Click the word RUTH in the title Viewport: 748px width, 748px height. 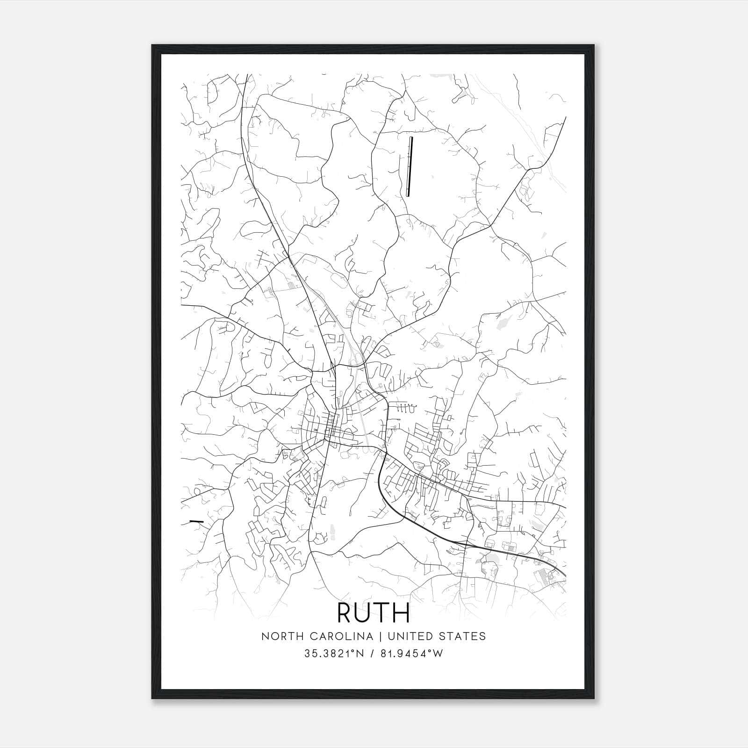(373, 613)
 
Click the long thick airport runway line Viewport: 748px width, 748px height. (410, 166)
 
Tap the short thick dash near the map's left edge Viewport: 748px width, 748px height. (197, 521)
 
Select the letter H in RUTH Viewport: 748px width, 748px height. (401, 613)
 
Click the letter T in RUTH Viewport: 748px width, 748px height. (382, 613)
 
